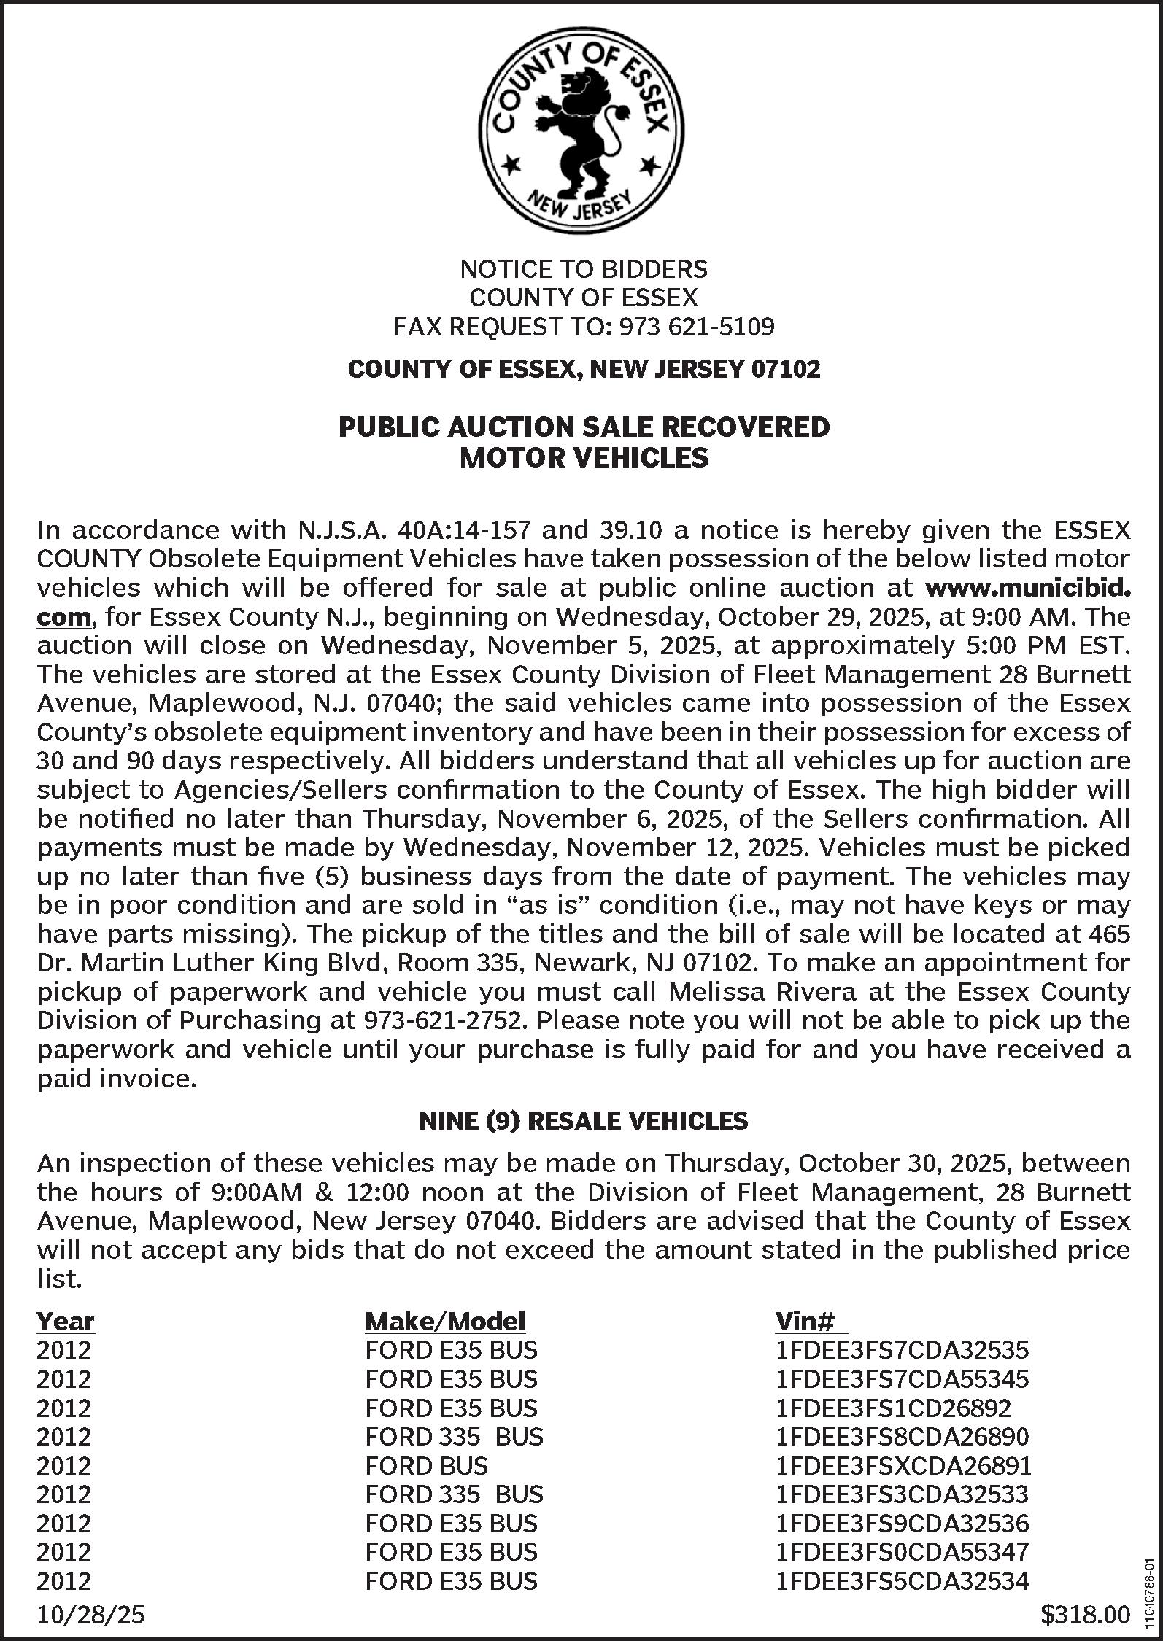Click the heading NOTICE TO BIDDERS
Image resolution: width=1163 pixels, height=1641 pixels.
click(583, 269)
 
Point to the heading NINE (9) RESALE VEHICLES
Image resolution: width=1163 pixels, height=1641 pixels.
click(583, 1120)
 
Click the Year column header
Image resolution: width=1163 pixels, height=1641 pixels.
click(65, 1321)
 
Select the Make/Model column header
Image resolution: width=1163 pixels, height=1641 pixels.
click(444, 1321)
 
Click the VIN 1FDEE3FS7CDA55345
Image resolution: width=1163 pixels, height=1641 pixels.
click(902, 1379)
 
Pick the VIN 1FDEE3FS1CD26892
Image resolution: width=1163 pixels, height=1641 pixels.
click(893, 1408)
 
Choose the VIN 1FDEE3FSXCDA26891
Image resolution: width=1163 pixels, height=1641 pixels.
click(903, 1465)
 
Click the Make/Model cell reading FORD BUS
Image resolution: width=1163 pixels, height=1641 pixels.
click(426, 1465)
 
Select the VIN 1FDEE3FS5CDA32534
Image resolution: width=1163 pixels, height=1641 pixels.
click(902, 1580)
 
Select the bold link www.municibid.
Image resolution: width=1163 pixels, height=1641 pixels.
click(1027, 587)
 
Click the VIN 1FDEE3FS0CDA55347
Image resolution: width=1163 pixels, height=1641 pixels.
click(902, 1552)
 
